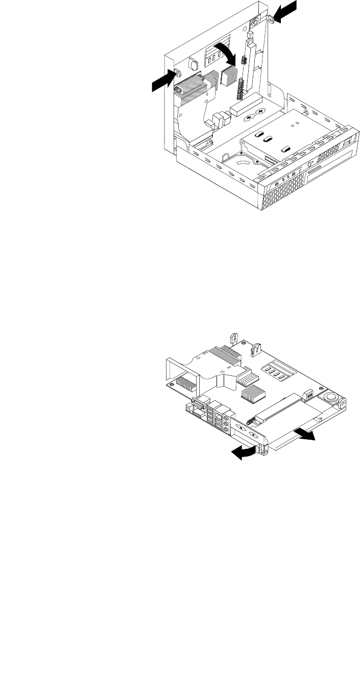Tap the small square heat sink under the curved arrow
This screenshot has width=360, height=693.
pyautogui.click(x=228, y=77)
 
